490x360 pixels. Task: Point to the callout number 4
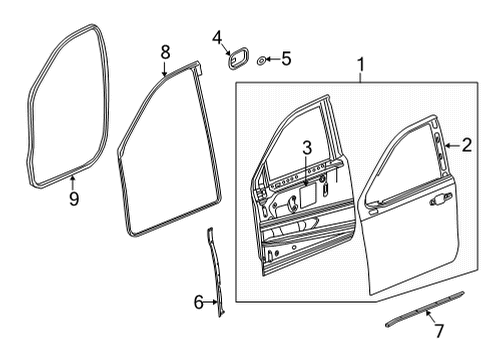tap(217, 39)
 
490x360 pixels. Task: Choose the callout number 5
tap(285, 60)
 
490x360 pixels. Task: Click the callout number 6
tap(197, 300)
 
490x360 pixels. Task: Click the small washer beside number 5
tap(262, 61)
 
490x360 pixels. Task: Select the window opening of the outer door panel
tap(402, 160)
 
